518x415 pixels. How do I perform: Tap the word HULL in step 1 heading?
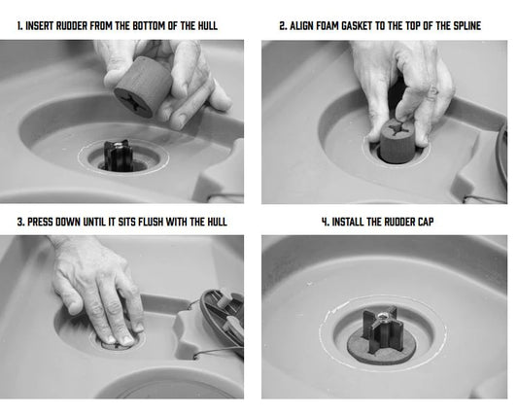[207, 26]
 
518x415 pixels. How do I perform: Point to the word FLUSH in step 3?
[151, 222]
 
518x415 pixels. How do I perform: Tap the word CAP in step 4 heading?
[426, 222]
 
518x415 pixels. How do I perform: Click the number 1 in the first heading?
[19, 26]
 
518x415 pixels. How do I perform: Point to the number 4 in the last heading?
[325, 222]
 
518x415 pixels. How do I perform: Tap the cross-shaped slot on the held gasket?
[131, 100]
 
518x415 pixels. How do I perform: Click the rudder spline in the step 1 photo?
[119, 156]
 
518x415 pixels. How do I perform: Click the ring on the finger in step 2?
[432, 91]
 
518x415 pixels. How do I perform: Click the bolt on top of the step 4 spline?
[383, 318]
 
